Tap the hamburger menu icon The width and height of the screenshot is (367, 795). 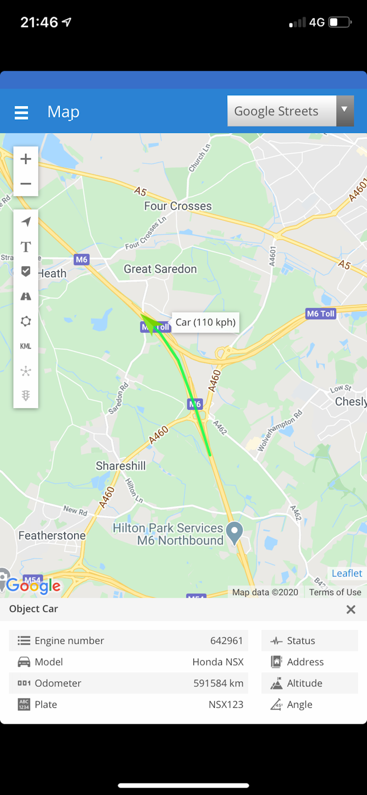(x=21, y=112)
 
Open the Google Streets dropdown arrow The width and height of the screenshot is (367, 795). (x=345, y=110)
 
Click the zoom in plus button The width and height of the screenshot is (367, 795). (x=25, y=159)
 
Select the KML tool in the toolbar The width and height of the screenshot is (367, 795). (x=25, y=346)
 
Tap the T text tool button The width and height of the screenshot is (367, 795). (x=25, y=246)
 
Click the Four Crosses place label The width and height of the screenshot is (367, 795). (x=178, y=206)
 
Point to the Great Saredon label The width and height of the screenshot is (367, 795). (x=160, y=269)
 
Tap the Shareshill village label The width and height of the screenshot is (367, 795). (x=121, y=466)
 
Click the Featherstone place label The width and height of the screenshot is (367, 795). (x=52, y=535)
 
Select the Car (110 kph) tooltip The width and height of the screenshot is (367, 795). (x=205, y=322)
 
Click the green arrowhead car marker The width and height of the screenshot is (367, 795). (x=149, y=322)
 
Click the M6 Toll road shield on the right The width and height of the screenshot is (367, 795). (x=321, y=314)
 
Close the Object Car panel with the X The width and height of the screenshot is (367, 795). (x=351, y=609)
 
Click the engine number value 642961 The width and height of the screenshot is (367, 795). (x=226, y=641)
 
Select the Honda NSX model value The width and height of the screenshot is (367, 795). (x=218, y=662)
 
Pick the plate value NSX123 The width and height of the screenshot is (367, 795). (x=226, y=704)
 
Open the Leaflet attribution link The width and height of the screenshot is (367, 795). (x=347, y=573)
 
